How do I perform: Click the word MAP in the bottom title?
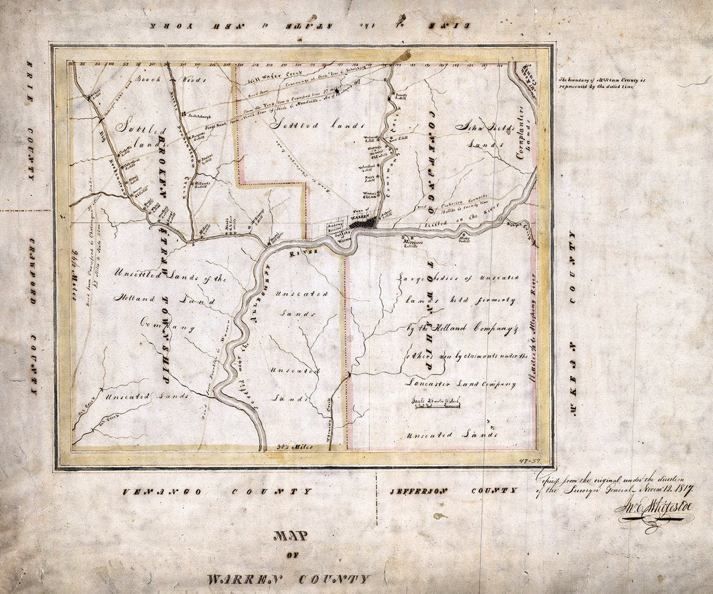[x=291, y=536]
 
